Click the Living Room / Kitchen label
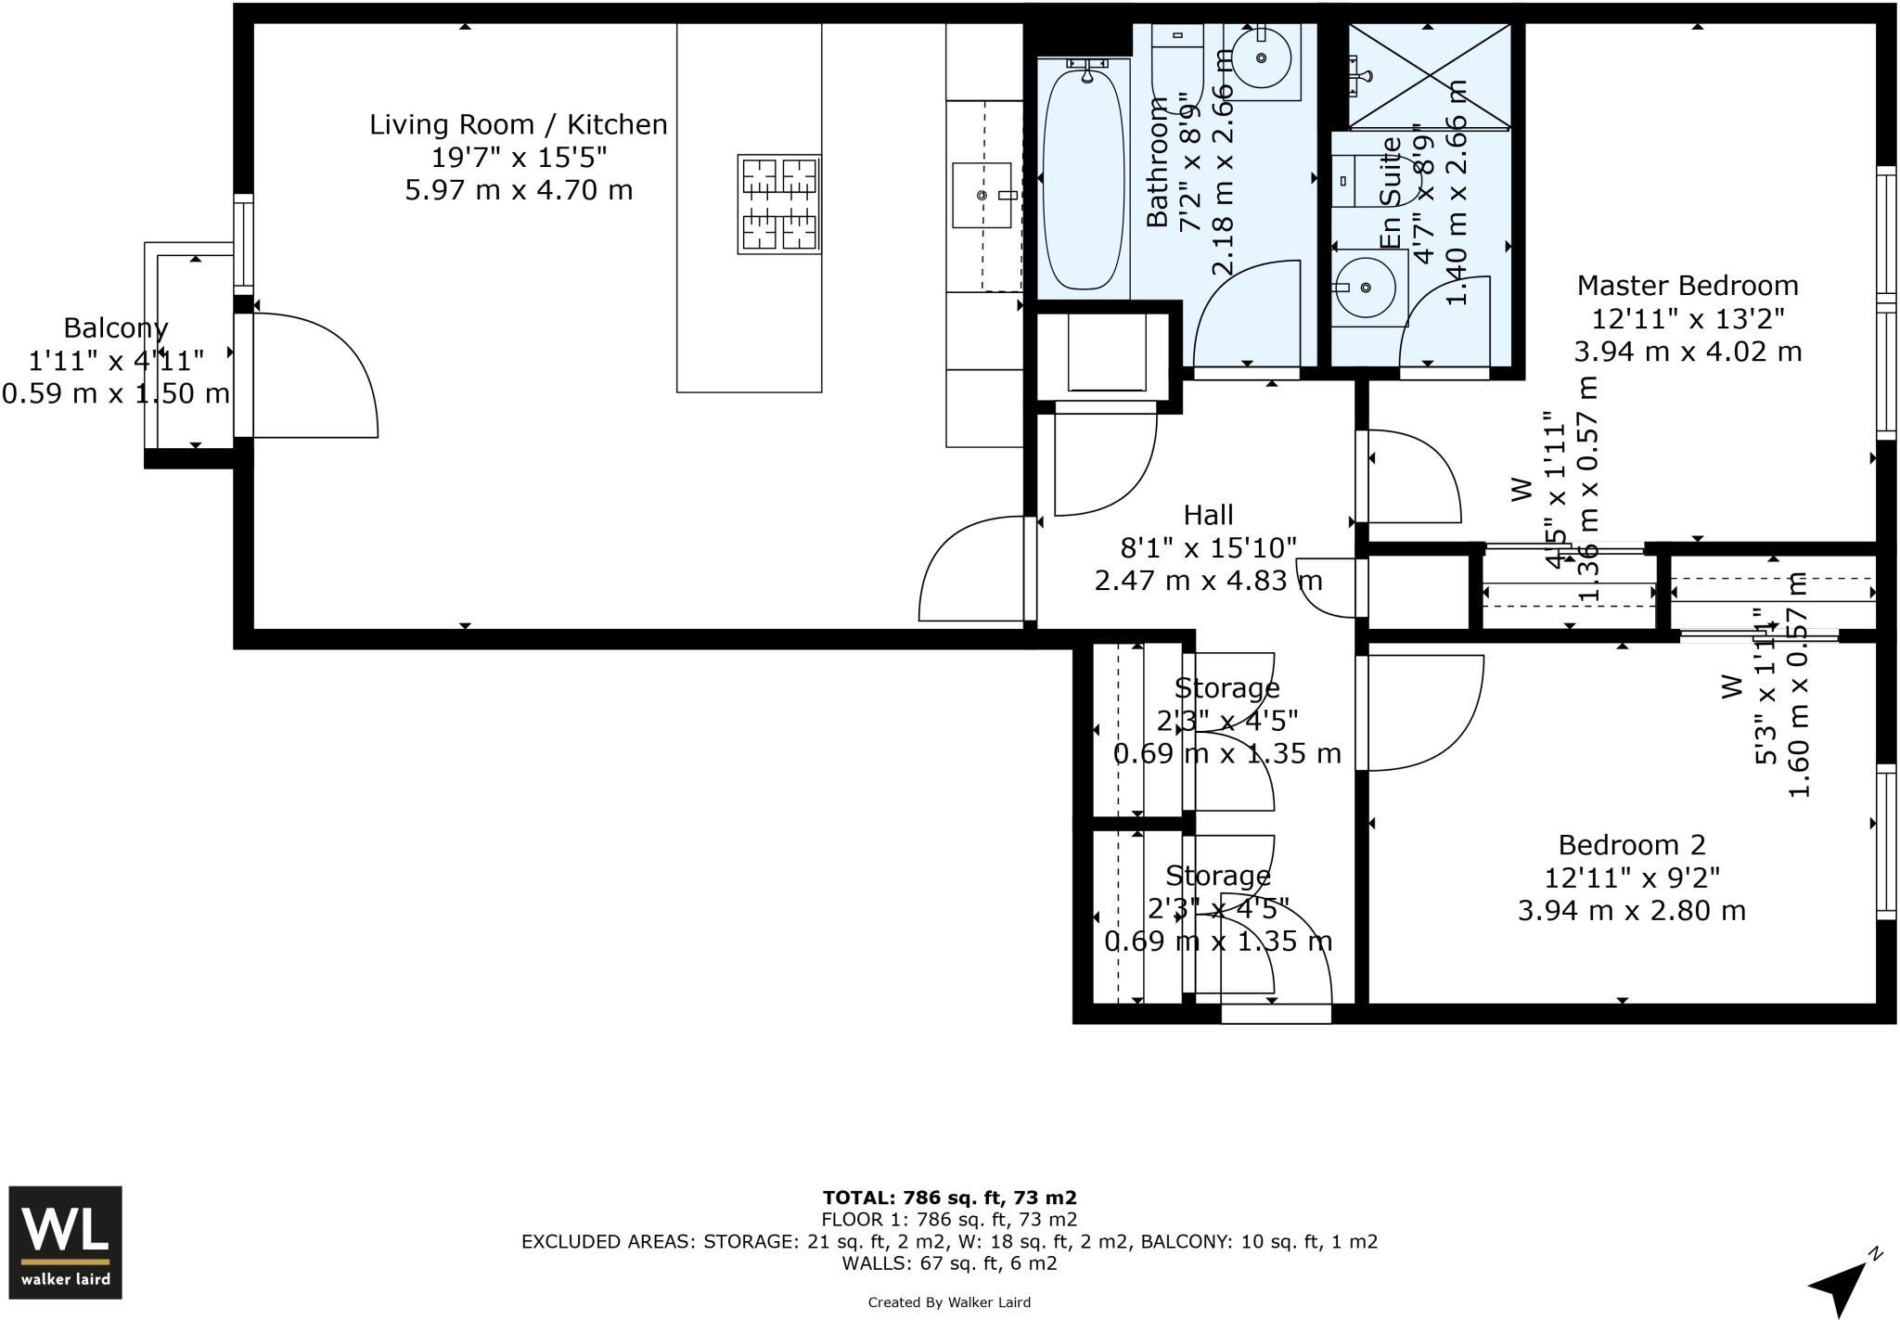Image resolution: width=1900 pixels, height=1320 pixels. click(518, 124)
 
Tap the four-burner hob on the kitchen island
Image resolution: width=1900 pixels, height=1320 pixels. click(779, 204)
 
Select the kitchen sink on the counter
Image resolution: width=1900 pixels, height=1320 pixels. click(982, 195)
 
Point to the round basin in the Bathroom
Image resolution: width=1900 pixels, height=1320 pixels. click(1262, 58)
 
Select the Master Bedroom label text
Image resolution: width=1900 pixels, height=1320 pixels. click(1687, 286)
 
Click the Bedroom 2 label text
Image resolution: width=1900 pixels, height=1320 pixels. click(1631, 845)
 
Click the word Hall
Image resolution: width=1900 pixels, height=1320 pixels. click(1208, 515)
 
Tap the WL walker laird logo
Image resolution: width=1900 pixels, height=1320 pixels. click(65, 1241)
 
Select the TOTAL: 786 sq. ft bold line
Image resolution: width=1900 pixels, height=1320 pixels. click(949, 1198)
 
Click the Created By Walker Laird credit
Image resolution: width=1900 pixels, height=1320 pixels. click(949, 1302)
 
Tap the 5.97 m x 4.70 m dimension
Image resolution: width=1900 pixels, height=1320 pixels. click(518, 191)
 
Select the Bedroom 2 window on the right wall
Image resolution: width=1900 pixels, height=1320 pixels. click(1885, 841)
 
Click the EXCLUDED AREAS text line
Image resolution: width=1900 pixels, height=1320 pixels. click(949, 1241)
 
